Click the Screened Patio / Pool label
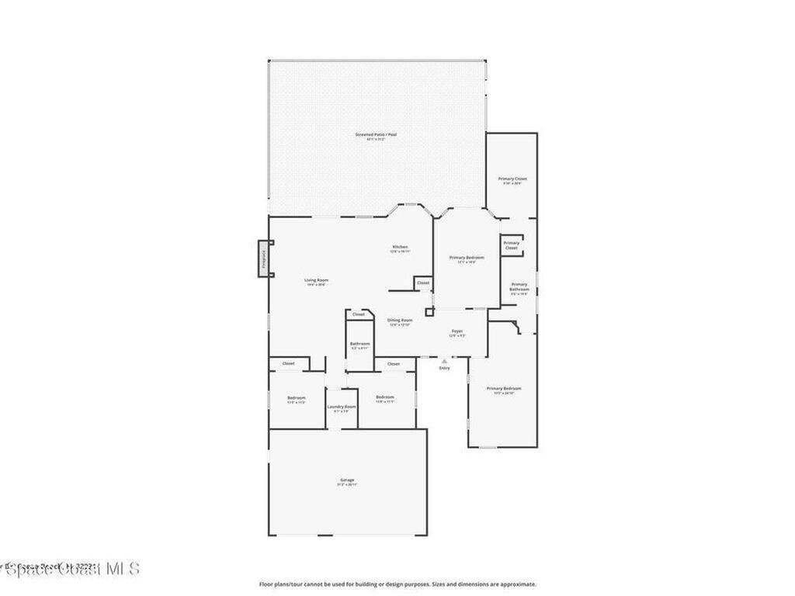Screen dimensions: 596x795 coord(376,135)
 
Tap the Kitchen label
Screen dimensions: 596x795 coord(400,247)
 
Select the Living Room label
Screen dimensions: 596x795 coord(316,280)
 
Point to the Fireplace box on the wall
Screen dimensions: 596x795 coord(264,258)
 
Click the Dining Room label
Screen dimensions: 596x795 coord(400,321)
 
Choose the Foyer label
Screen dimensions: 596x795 coord(457,331)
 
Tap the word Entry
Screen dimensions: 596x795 coord(444,368)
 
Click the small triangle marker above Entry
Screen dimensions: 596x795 coord(444,361)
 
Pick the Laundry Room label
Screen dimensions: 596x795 coord(342,407)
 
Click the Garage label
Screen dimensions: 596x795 coord(347,480)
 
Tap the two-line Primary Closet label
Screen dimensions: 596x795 coord(511,245)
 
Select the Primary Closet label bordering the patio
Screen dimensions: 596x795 coord(512,178)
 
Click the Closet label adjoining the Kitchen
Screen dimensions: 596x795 coord(423,283)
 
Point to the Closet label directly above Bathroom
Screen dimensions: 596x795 coord(358,314)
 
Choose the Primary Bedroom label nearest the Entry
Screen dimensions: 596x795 coord(504,388)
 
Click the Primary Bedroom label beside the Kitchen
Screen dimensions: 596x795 coord(467,258)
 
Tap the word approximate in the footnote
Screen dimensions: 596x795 coord(519,584)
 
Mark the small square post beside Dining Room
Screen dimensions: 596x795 coord(429,312)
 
